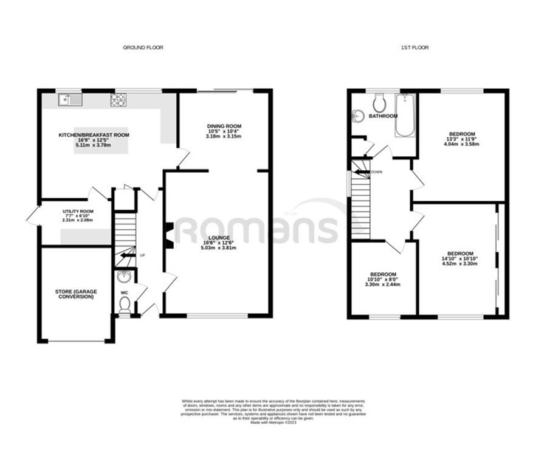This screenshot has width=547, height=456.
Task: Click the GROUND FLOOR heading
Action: (x=143, y=47)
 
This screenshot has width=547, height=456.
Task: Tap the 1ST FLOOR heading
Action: (x=416, y=47)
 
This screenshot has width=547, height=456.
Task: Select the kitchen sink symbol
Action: (x=70, y=99)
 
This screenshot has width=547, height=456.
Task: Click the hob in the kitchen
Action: (x=118, y=100)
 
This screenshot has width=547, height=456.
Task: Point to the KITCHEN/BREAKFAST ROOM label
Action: (x=94, y=135)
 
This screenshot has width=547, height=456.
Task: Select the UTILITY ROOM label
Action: (x=76, y=211)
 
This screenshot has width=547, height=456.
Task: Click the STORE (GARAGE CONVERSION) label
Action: (x=76, y=294)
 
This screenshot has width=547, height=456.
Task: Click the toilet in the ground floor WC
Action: (x=125, y=305)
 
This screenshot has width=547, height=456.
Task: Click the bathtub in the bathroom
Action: (x=404, y=115)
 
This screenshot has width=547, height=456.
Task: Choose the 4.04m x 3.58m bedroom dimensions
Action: (x=462, y=145)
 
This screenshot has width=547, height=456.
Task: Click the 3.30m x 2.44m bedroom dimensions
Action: (x=382, y=285)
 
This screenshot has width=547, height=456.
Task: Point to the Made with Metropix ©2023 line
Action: (x=273, y=422)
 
